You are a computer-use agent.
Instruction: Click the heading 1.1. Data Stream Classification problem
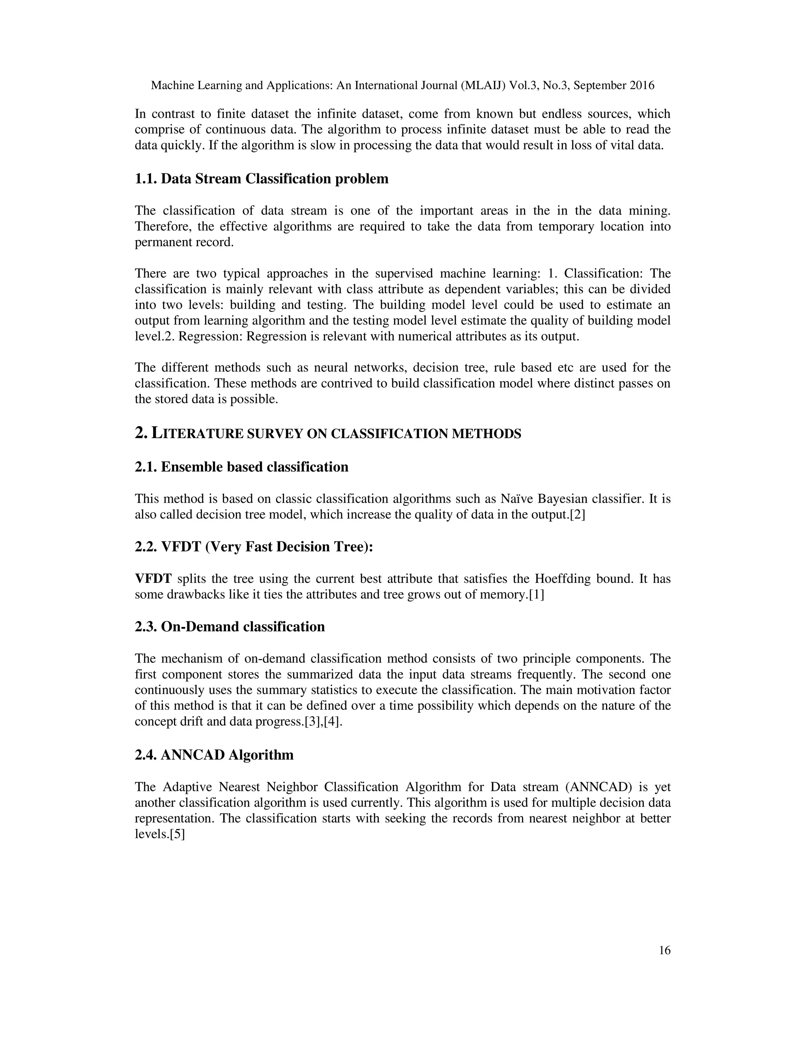pyautogui.click(x=261, y=179)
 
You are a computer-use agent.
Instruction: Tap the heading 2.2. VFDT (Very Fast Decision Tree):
pyautogui.click(x=254, y=547)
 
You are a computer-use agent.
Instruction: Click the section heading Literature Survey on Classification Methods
pyautogui.click(x=328, y=433)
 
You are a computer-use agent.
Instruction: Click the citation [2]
pyautogui.click(x=577, y=515)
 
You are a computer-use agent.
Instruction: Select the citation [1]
pyautogui.click(x=536, y=595)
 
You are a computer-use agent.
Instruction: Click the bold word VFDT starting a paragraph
pyautogui.click(x=153, y=579)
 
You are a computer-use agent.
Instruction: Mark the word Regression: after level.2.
pyautogui.click(x=211, y=336)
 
